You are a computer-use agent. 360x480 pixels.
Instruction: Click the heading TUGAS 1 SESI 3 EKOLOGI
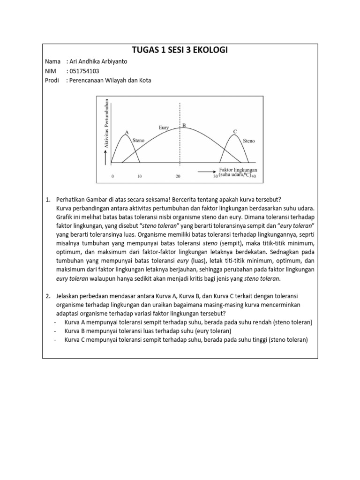180,51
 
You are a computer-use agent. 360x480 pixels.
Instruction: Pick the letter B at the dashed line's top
184,126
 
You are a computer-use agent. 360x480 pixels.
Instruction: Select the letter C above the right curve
235,131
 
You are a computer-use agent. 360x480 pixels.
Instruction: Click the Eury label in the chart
165,127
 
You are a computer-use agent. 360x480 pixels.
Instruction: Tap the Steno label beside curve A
139,140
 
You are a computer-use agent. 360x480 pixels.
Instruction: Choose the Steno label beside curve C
249,140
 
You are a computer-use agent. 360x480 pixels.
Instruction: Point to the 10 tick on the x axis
139,177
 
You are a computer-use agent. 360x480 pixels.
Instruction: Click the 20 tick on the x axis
178,177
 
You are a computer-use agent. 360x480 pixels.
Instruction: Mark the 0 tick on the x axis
112,177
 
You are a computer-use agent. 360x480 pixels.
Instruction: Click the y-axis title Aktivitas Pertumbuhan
107,123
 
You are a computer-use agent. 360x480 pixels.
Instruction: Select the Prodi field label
52,80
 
